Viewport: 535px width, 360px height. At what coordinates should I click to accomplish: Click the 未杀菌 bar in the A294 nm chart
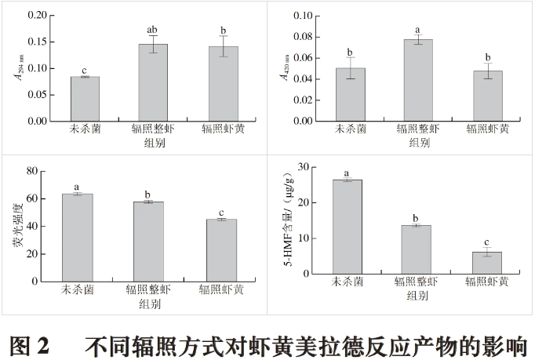coord(84,99)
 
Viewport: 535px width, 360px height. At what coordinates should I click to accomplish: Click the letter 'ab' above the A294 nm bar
coord(152,30)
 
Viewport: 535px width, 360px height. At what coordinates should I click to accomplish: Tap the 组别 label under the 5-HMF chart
coord(417,296)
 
